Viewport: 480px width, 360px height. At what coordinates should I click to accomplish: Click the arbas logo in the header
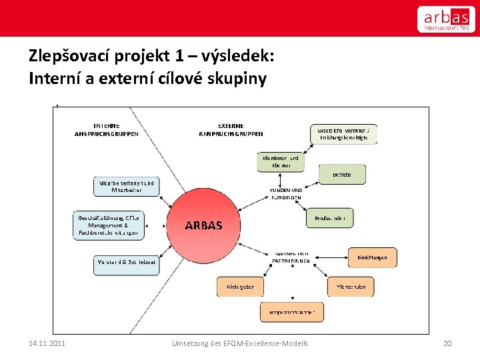446,19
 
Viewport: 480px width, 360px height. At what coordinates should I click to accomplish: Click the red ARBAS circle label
203,225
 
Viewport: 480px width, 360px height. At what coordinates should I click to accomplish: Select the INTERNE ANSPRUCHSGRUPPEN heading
107,129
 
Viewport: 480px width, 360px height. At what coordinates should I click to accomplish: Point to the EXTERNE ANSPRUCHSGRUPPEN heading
231,129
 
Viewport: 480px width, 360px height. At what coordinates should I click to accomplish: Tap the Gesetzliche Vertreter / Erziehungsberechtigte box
343,133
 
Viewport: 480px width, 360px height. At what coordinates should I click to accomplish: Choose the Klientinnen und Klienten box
279,162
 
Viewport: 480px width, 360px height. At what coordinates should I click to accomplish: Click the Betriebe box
342,174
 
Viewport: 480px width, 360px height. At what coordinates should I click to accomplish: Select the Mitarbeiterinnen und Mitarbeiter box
126,187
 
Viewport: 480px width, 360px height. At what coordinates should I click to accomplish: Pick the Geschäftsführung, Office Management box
109,225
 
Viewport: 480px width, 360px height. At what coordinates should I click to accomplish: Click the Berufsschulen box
330,218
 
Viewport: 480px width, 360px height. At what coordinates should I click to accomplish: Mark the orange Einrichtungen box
372,257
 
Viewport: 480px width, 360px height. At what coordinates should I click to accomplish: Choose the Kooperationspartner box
287,311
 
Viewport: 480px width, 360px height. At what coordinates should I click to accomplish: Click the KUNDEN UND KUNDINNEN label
286,194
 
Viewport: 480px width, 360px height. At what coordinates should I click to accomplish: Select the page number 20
447,343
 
